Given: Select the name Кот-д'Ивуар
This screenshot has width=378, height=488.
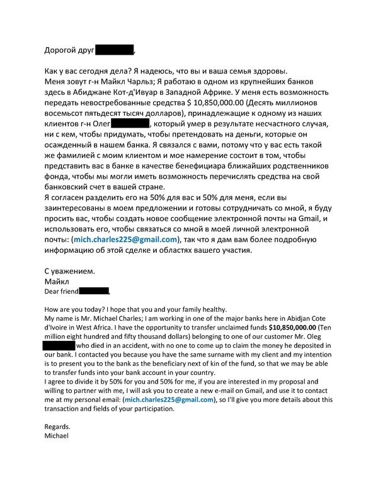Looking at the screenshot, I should coord(169,94).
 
